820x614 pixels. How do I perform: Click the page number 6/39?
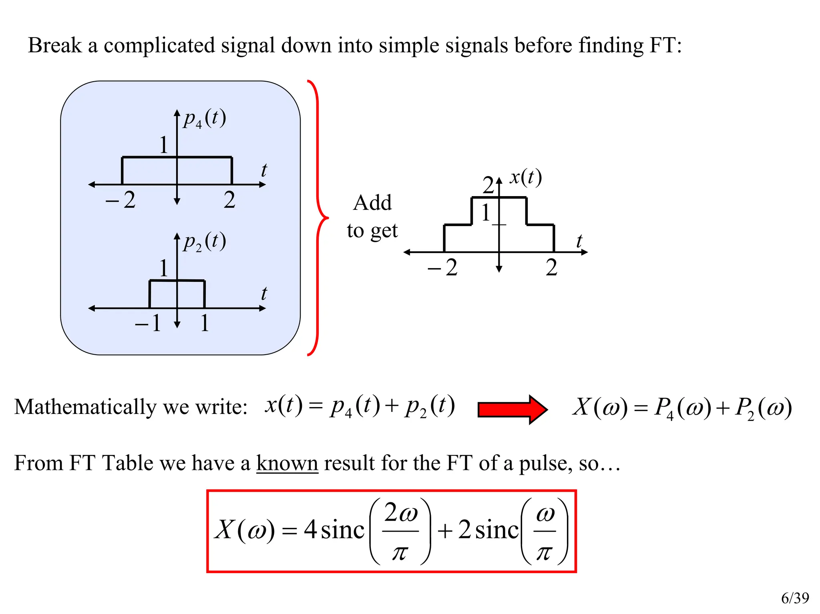point(795,598)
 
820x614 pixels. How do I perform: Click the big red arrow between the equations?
point(512,409)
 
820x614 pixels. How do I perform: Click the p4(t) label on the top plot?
point(205,119)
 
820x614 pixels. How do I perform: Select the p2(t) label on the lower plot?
point(205,242)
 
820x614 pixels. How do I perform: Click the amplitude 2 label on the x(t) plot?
point(488,185)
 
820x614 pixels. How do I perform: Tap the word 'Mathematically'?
point(85,407)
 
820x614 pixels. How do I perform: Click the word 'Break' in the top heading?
point(54,45)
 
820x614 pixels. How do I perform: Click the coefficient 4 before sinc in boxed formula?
point(310,529)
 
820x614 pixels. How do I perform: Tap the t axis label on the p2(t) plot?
point(264,293)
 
